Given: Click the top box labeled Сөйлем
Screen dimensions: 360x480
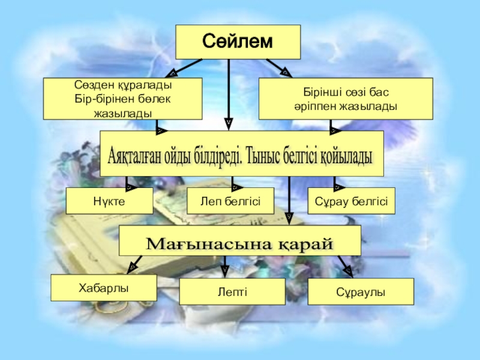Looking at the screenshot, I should coord(237,41).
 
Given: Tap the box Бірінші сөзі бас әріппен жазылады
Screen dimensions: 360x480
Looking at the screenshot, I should coord(345,98).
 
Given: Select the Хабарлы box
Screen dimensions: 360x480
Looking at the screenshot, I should coord(103,288).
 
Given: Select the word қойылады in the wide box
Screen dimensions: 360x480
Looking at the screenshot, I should coord(345,155).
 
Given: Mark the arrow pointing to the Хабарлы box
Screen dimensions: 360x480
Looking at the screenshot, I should coord(132,265).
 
